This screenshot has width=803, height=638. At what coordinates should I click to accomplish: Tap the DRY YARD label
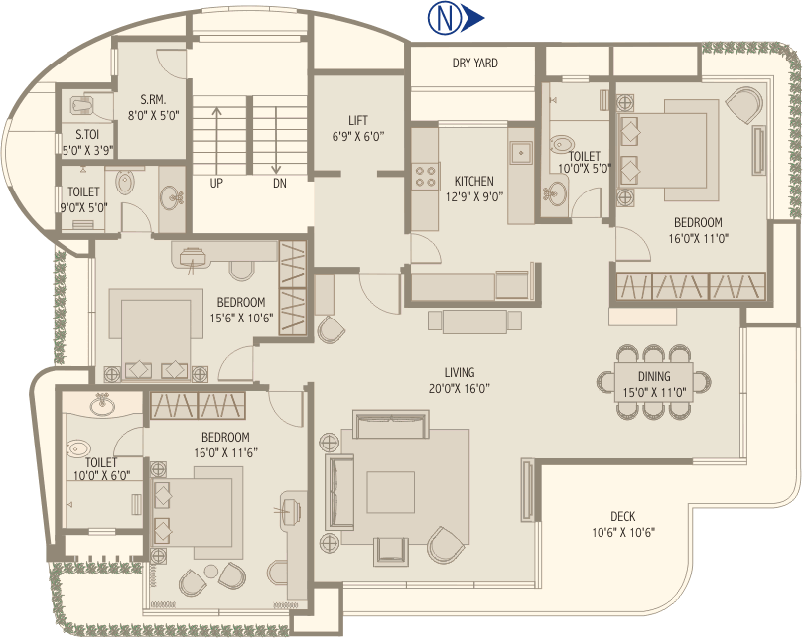(474, 64)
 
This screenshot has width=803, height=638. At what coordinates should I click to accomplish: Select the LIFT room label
(358, 121)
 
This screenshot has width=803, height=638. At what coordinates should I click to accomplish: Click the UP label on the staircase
(216, 183)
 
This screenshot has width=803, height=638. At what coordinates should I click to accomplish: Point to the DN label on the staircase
(280, 183)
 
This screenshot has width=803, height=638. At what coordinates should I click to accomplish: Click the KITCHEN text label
(473, 181)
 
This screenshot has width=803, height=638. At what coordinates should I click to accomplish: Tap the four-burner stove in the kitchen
(426, 176)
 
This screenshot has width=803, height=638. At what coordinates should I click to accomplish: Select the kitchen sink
(521, 154)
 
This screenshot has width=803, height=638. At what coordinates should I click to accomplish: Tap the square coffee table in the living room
(390, 490)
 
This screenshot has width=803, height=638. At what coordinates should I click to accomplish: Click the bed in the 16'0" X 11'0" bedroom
(666, 150)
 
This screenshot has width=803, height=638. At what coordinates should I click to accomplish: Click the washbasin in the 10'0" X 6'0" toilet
(100, 405)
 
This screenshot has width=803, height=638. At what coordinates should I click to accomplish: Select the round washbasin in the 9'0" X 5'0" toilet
(126, 182)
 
